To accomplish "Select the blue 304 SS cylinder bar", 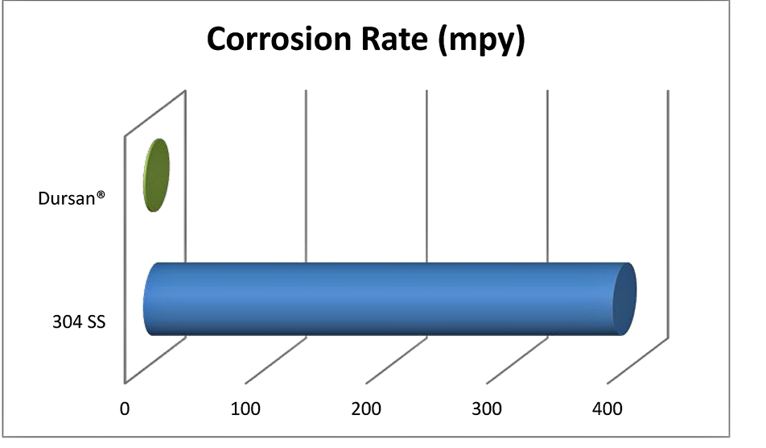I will tap(386, 298).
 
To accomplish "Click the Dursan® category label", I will tap(73, 198).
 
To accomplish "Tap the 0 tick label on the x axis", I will tap(125, 409).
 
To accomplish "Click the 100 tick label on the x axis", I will tap(245, 409).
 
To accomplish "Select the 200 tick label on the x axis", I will tap(366, 409).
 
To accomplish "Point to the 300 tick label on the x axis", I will tap(487, 409).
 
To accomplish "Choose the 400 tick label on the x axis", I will tap(607, 409).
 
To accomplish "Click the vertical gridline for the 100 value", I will tap(307, 177).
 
